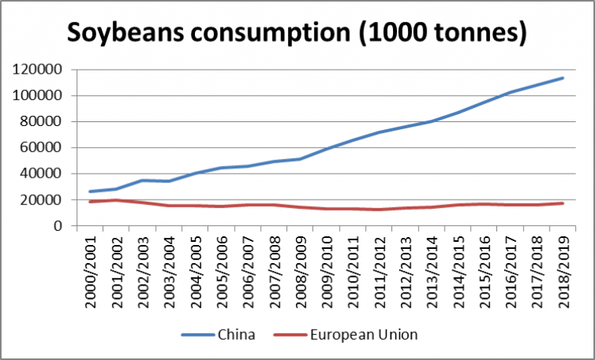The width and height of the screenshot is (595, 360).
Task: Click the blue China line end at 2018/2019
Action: tap(562, 78)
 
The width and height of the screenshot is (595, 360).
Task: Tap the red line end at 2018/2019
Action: tap(562, 203)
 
